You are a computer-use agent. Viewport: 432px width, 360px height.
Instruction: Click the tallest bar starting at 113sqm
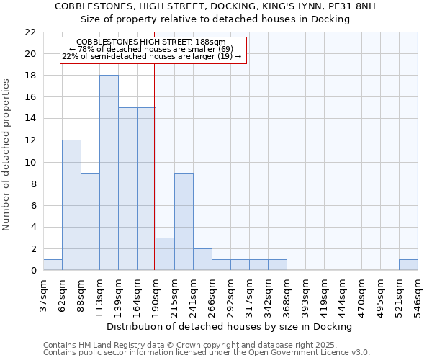[109, 173]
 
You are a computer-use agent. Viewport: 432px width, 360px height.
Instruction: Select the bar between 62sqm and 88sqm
[71, 205]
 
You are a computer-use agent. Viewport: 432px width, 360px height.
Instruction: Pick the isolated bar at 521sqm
[408, 264]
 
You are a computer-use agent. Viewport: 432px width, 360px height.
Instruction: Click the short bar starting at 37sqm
[53, 264]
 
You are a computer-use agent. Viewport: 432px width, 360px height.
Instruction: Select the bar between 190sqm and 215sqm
[165, 253]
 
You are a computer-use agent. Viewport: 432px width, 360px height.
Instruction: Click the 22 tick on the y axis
[30, 32]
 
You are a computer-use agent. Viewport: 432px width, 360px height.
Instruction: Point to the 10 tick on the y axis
[30, 162]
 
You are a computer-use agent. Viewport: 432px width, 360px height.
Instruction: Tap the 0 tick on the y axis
[33, 271]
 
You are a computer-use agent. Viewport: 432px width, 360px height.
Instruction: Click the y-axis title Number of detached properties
[7, 155]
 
